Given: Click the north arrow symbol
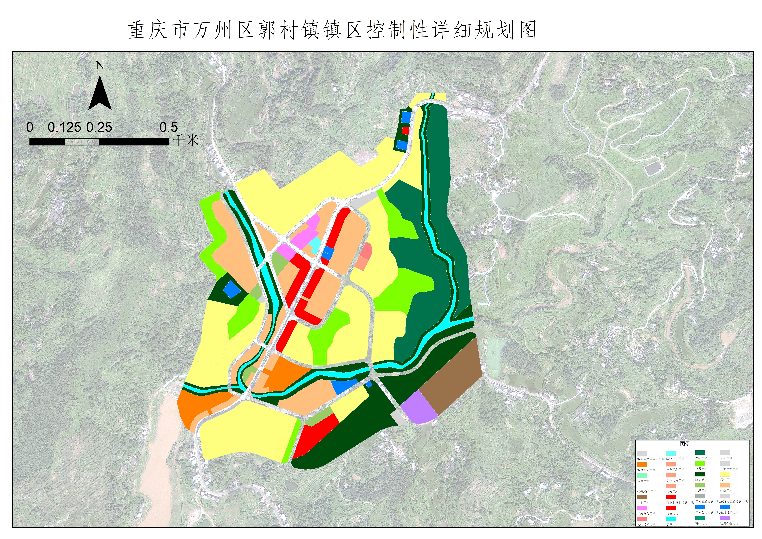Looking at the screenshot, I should pyautogui.click(x=100, y=95).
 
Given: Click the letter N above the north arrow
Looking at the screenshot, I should pyautogui.click(x=100, y=65).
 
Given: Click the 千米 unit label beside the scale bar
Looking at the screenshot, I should pyautogui.click(x=186, y=140).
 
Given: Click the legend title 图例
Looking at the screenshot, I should pyautogui.click(x=685, y=444).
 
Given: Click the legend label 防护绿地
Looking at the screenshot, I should pyautogui.click(x=701, y=480).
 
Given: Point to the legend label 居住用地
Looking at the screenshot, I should pyautogui.click(x=726, y=480).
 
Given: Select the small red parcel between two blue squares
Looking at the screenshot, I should pyautogui.click(x=405, y=130).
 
